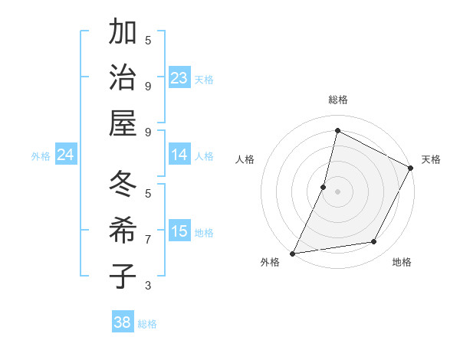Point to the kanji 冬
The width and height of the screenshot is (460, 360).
point(122,185)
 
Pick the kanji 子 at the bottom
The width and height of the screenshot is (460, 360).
point(122,276)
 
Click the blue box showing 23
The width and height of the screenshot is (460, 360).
point(179,78)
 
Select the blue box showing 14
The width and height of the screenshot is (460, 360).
point(179,155)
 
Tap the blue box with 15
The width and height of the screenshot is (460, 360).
point(179,231)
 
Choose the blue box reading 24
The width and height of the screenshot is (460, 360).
point(66,155)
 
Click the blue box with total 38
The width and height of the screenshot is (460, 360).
point(123,322)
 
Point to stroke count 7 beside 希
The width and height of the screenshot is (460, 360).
point(148,239)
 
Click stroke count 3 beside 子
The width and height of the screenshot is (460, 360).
point(148,285)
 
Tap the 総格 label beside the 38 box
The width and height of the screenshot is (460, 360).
point(147,324)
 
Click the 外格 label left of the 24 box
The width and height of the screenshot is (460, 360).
point(41,156)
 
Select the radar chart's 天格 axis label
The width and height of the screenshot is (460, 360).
point(431,159)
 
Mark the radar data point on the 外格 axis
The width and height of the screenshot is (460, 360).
point(292,253)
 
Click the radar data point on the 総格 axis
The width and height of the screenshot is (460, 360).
point(337,130)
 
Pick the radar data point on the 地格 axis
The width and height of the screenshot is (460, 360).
point(374,242)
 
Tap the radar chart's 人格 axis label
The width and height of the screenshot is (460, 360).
point(245,159)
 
